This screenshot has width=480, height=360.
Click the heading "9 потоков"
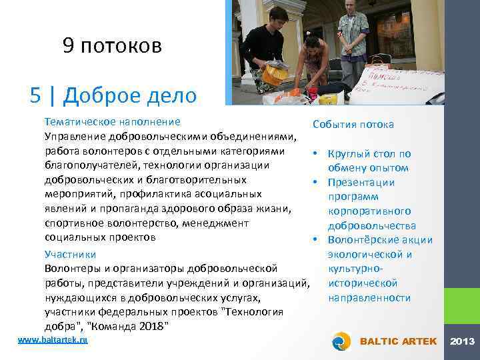coord(112,45)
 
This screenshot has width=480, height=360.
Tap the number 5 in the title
coord(37,95)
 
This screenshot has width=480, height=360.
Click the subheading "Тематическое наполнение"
coord(112,122)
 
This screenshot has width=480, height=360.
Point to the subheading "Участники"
coord(70,254)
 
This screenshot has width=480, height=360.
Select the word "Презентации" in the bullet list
coord(361,183)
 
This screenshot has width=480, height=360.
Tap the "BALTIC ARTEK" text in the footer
coord(398,341)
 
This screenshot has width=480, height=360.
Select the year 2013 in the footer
coord(463,341)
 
